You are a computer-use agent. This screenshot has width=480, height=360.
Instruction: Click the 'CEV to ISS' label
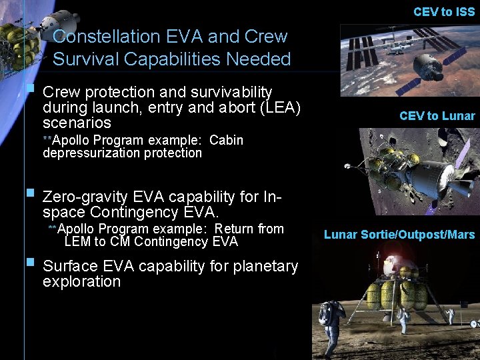444,12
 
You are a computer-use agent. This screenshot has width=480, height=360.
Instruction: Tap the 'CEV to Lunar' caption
437,116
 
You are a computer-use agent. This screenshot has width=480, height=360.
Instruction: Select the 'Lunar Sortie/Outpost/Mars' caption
399,234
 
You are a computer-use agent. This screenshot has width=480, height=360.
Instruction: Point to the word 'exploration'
81,282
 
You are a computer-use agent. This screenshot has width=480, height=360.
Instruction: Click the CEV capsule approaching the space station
427,67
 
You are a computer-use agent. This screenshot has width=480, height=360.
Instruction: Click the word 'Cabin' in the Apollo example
226,141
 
